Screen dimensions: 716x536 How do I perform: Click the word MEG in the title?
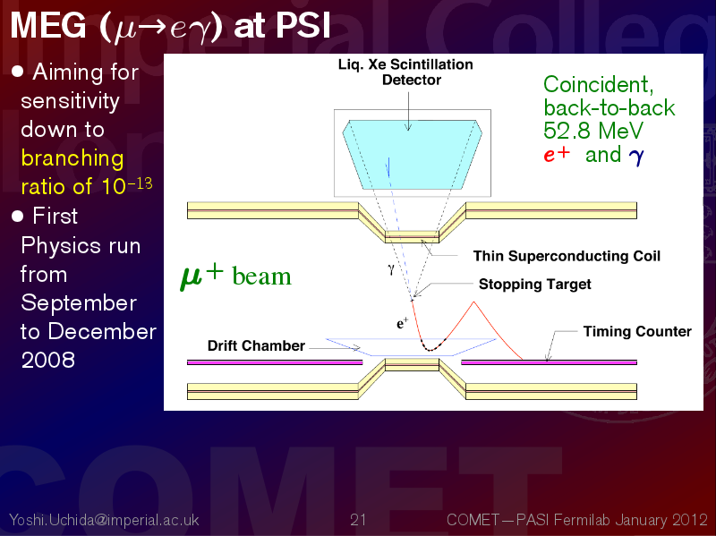[x=48, y=25]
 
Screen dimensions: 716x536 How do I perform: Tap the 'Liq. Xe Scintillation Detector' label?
[x=405, y=72]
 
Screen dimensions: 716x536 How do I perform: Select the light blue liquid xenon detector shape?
[x=412, y=154]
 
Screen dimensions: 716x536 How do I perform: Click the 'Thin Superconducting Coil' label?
[x=567, y=256]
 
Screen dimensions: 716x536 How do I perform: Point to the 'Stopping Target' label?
[x=534, y=285]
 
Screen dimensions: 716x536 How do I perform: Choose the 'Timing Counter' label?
[x=637, y=331]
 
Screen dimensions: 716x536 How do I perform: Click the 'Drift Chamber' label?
[x=256, y=345]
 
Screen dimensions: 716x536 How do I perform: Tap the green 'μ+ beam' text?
[x=235, y=277]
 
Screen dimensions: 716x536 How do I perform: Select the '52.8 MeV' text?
[x=593, y=131]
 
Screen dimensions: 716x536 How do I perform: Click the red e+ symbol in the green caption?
[x=557, y=154]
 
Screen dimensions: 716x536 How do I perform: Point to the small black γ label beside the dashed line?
[x=391, y=269]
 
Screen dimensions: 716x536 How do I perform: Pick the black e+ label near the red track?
[x=402, y=324]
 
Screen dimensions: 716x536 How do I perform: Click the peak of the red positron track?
[x=474, y=302]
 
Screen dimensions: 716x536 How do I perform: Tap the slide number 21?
[x=358, y=520]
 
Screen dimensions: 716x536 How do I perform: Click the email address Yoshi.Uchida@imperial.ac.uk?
[x=104, y=520]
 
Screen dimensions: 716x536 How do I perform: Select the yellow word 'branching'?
[x=72, y=158]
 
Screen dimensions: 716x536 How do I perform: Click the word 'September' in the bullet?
[x=79, y=303]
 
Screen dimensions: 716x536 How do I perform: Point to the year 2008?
[x=48, y=360]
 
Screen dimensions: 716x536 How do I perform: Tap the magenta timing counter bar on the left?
[x=275, y=362]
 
